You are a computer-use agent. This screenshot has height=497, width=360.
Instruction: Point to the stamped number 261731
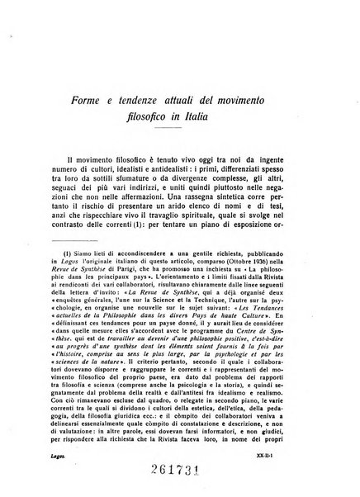click(180, 472)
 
